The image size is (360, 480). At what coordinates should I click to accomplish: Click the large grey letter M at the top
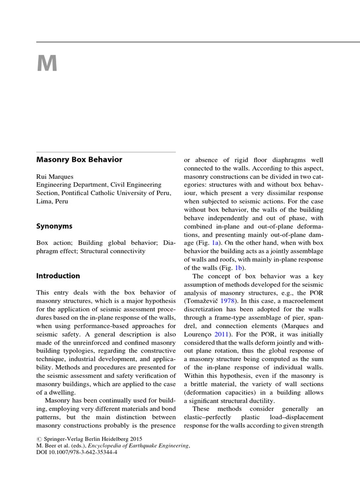[x=47, y=63]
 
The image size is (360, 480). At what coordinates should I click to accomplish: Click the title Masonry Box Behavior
[x=79, y=159]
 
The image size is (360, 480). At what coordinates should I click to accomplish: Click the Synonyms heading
[x=54, y=226]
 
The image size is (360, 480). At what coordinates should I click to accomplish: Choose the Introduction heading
[x=58, y=276]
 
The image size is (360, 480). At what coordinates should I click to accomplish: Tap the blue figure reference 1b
[x=239, y=268]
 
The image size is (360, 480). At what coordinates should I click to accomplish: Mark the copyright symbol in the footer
[x=38, y=439]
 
